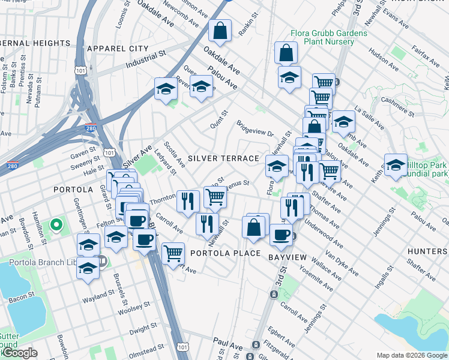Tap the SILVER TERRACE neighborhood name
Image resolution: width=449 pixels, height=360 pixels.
point(223,158)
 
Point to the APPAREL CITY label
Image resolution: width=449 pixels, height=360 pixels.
point(117,48)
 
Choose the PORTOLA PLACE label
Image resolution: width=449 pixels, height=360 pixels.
point(225,253)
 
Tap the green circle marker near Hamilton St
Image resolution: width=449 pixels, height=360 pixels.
point(56,226)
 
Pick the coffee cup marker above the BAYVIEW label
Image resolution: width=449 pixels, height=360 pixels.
point(280,234)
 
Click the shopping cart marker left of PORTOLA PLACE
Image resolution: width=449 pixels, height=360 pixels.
point(173,252)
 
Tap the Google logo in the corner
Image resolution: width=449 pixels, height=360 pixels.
point(19,353)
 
